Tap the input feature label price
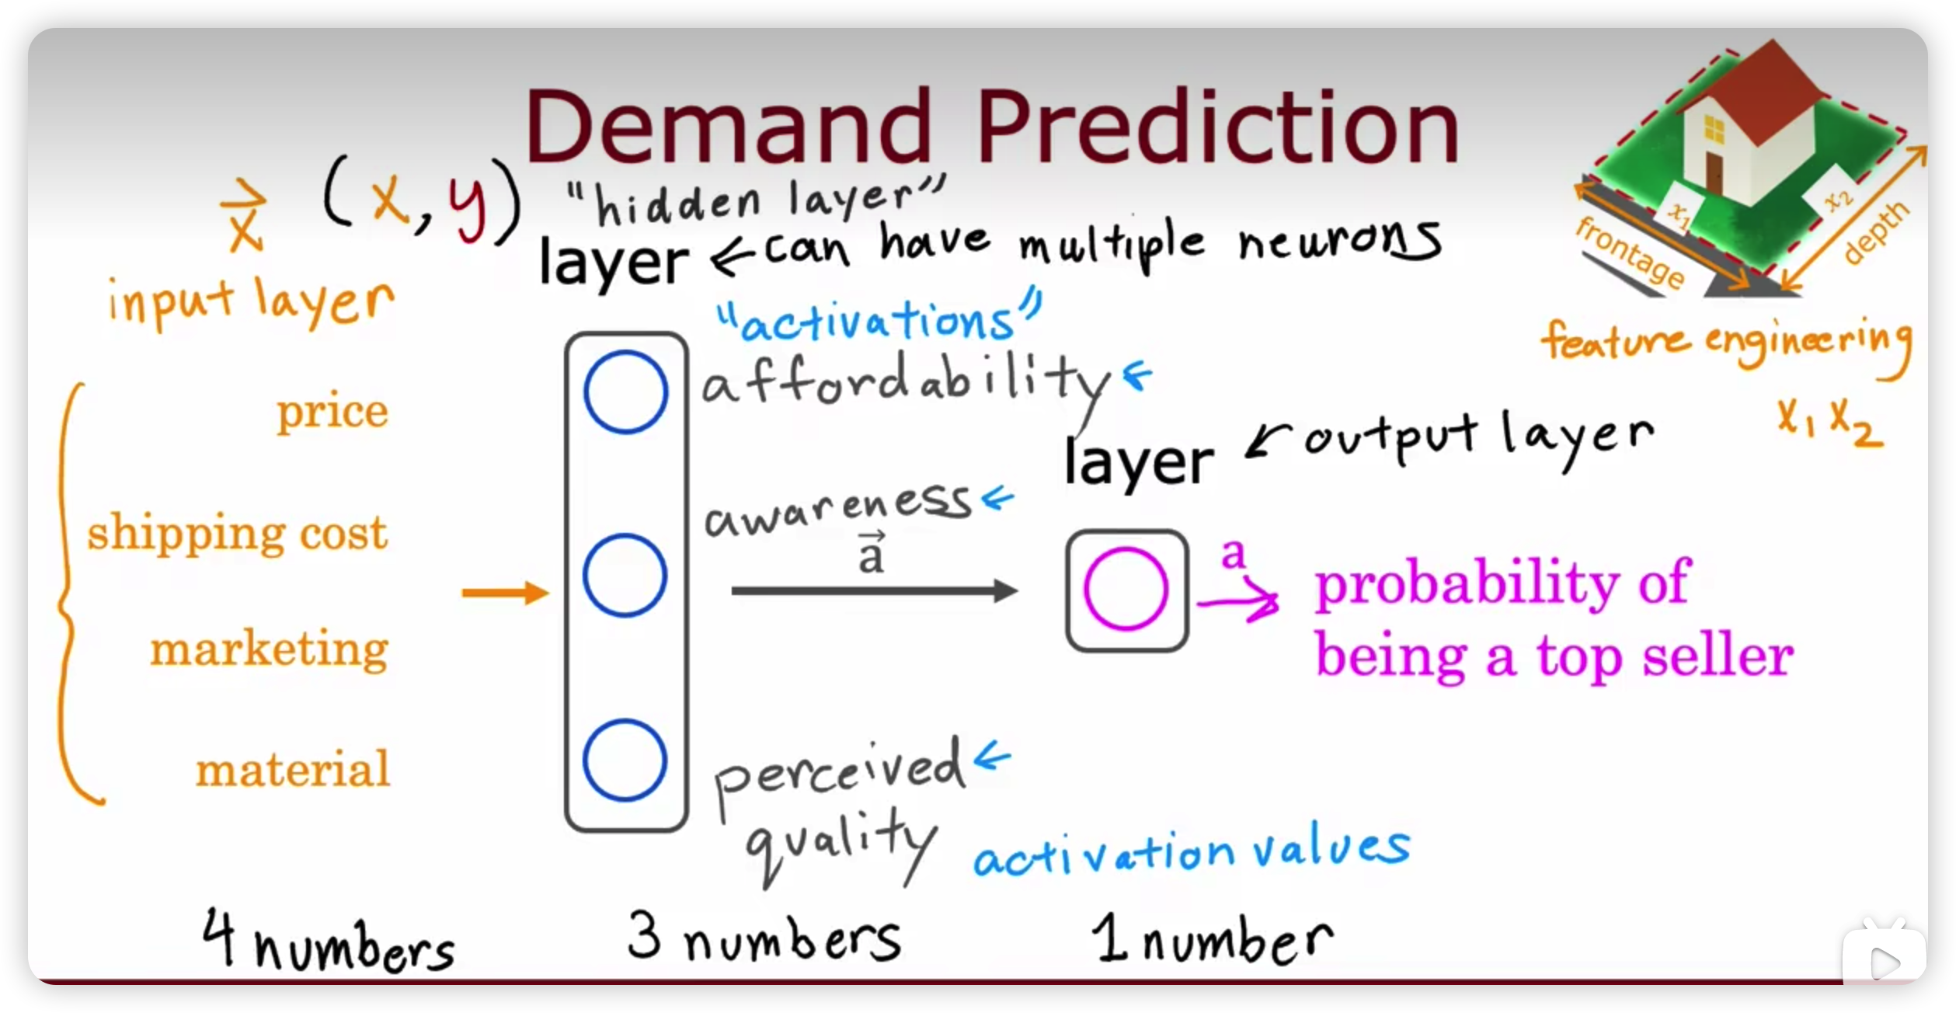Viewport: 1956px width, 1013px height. coord(332,412)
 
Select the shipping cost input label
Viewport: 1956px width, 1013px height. coord(237,534)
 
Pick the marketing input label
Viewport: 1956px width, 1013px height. coord(269,649)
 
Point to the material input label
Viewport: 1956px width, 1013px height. coord(292,769)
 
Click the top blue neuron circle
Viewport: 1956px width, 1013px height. coord(625,392)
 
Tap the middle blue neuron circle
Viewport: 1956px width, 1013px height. coord(625,576)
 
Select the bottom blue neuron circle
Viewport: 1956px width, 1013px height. coord(625,761)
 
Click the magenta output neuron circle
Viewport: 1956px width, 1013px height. coord(1126,588)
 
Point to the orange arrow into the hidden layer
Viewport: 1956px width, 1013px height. coord(505,593)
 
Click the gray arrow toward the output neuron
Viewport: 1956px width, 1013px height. coord(875,591)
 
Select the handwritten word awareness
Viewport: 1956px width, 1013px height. coord(838,509)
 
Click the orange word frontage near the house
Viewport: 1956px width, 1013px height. coord(1630,252)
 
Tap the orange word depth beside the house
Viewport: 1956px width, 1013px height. coord(1874,232)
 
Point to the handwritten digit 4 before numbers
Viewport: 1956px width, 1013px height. coord(218,937)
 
